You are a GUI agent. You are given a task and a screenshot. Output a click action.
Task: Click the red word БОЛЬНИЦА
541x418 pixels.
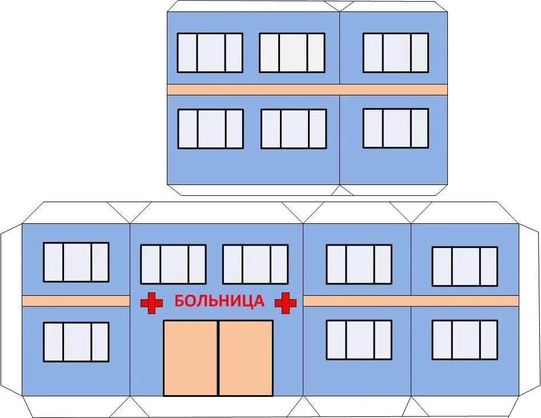pos(219,301)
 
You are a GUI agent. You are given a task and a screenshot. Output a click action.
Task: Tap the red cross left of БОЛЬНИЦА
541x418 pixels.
pos(151,303)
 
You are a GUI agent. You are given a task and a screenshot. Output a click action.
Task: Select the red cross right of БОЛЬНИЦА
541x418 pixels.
pos(286,303)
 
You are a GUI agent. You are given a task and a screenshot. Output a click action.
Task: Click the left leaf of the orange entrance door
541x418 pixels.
pos(190,358)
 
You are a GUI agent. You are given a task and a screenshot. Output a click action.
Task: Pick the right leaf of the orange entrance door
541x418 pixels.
pos(246,358)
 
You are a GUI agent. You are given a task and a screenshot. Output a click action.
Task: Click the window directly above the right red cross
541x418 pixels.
pos(255,264)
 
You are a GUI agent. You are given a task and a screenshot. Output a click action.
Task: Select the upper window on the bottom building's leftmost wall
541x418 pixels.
pos(76,262)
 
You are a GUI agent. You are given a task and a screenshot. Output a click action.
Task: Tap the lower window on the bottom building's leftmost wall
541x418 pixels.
pos(76,341)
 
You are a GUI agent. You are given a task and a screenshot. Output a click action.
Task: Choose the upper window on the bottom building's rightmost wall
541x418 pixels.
pos(464,266)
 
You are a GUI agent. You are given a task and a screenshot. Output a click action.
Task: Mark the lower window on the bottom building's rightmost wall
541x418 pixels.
pos(464,340)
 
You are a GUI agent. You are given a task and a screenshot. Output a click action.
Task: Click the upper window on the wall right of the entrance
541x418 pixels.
pos(359,264)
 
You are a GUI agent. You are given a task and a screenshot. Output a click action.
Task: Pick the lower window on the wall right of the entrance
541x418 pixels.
pos(359,340)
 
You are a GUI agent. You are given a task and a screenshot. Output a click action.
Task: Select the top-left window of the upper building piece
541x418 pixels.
pos(210,53)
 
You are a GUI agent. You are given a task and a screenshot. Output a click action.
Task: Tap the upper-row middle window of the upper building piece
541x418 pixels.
pos(292,53)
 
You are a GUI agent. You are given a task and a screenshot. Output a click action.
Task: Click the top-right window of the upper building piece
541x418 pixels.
pos(395,53)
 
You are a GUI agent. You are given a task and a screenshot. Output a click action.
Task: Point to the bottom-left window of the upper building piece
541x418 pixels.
pos(210,128)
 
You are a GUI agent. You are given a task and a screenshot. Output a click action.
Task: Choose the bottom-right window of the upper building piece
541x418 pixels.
pos(395,128)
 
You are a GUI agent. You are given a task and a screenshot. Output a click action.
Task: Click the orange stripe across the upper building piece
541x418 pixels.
pos(307,90)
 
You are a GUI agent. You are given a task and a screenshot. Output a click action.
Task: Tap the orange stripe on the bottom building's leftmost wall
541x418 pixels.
pos(76,301)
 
